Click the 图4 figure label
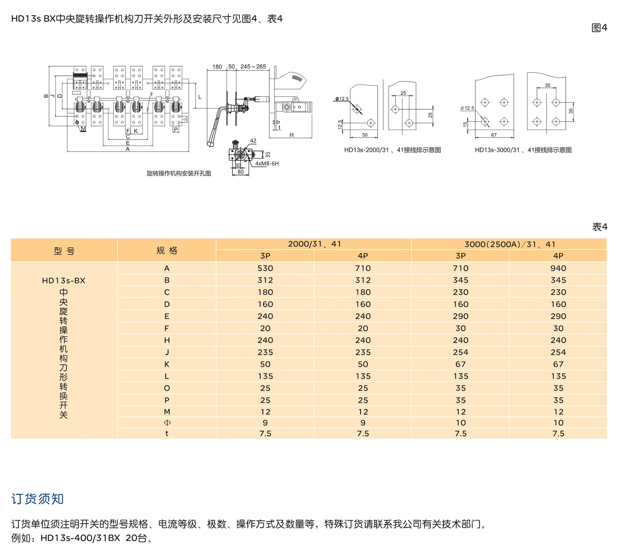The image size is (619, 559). pyautogui.click(x=599, y=28)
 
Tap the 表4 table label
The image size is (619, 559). pyautogui.click(x=600, y=227)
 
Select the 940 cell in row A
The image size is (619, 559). pyautogui.click(x=558, y=268)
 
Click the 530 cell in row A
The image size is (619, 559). pyautogui.click(x=265, y=268)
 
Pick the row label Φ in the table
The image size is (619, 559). pyautogui.click(x=167, y=423)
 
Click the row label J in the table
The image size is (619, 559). pyautogui.click(x=167, y=352)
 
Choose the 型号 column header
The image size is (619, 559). pyautogui.click(x=64, y=251)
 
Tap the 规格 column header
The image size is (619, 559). pyautogui.click(x=167, y=250)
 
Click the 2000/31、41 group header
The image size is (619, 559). pyautogui.click(x=314, y=244)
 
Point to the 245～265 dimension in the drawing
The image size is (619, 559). pyautogui.click(x=253, y=67)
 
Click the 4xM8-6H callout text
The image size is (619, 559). pyautogui.click(x=267, y=163)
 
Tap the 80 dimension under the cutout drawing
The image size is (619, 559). pyautogui.click(x=240, y=172)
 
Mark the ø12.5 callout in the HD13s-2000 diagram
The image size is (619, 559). pyautogui.click(x=342, y=99)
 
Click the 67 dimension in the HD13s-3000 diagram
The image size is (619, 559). pyautogui.click(x=494, y=135)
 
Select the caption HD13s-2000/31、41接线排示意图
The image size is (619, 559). pyautogui.click(x=392, y=150)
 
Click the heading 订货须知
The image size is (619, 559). pyautogui.click(x=37, y=499)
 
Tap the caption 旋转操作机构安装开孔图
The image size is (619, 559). pyautogui.click(x=179, y=173)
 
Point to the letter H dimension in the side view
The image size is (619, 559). pyautogui.click(x=291, y=135)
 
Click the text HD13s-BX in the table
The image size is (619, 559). pyautogui.click(x=64, y=281)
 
